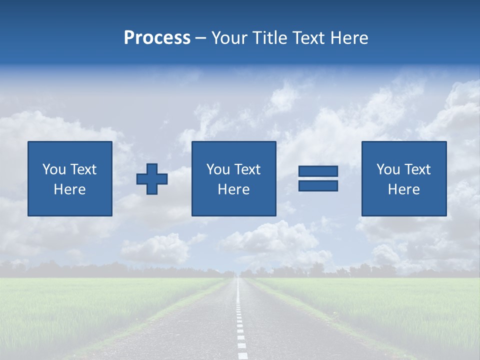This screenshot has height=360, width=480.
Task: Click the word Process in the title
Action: pos(157,38)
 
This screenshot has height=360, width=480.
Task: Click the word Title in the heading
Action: pos(270,38)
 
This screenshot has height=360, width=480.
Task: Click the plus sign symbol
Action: pos(152,178)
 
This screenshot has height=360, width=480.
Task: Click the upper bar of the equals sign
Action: pos(318,171)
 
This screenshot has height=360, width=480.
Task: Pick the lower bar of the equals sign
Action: pos(318,185)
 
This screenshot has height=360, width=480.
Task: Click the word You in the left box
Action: pos(54,169)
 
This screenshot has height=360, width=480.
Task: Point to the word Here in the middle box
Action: pos(233,189)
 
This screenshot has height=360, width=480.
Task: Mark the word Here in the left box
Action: pos(70,189)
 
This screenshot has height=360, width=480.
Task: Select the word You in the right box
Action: pos(388,169)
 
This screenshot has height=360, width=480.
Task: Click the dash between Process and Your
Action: pos(201,38)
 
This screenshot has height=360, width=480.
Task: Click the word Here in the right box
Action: pos(404,189)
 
